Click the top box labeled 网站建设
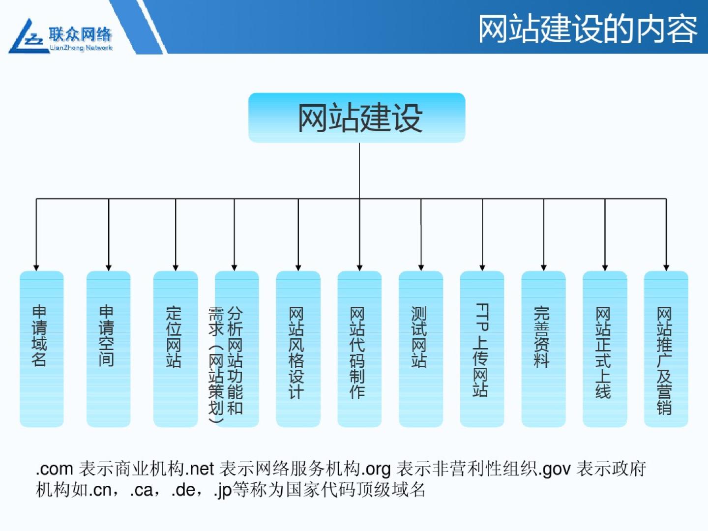356,118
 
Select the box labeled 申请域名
41,349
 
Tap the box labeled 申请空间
108,349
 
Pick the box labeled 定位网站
175,349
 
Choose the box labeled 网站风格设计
298,349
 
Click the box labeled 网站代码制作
359,349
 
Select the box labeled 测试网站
420,349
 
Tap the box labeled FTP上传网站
482,349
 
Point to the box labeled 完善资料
543,349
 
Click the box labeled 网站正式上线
604,349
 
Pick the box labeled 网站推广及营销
666,349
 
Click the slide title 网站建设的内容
588,29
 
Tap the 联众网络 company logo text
80,34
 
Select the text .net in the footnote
200,470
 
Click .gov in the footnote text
555,470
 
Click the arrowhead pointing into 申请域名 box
36,267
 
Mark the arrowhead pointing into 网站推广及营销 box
666,267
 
